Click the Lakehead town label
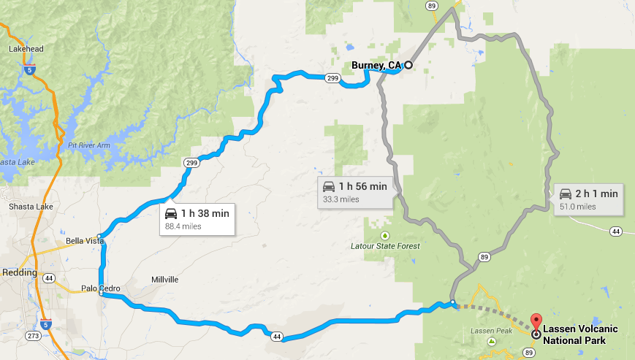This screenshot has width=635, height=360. (x=26, y=49)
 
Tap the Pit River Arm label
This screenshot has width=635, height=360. (x=89, y=145)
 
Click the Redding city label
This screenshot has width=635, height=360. (x=19, y=272)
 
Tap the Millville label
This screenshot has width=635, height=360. (x=164, y=280)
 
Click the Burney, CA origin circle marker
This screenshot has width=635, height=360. (x=408, y=65)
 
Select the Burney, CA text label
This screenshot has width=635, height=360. (x=376, y=66)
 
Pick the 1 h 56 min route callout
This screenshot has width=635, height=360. (x=354, y=191)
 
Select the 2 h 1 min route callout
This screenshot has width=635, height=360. (x=588, y=198)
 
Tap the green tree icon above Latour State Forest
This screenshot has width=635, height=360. (x=385, y=235)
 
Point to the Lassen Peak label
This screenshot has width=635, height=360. (x=484, y=331)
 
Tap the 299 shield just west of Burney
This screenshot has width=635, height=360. (x=332, y=77)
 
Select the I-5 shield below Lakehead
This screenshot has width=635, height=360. (x=28, y=70)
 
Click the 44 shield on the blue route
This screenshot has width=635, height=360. (x=275, y=336)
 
